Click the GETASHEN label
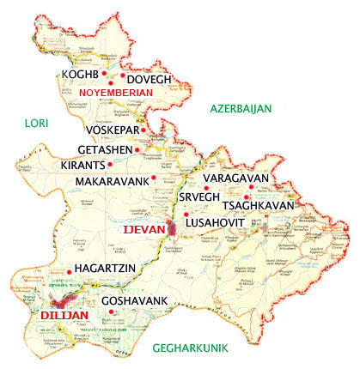point(107,149)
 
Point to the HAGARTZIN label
point(107,270)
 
